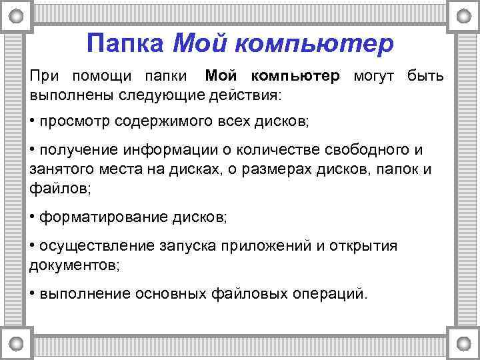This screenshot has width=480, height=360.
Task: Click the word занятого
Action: pos(58,169)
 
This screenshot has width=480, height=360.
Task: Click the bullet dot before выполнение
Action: pos(33,293)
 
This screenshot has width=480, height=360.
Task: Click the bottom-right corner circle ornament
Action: pos(463,343)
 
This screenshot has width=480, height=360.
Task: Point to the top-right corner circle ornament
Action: pos(463,14)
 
